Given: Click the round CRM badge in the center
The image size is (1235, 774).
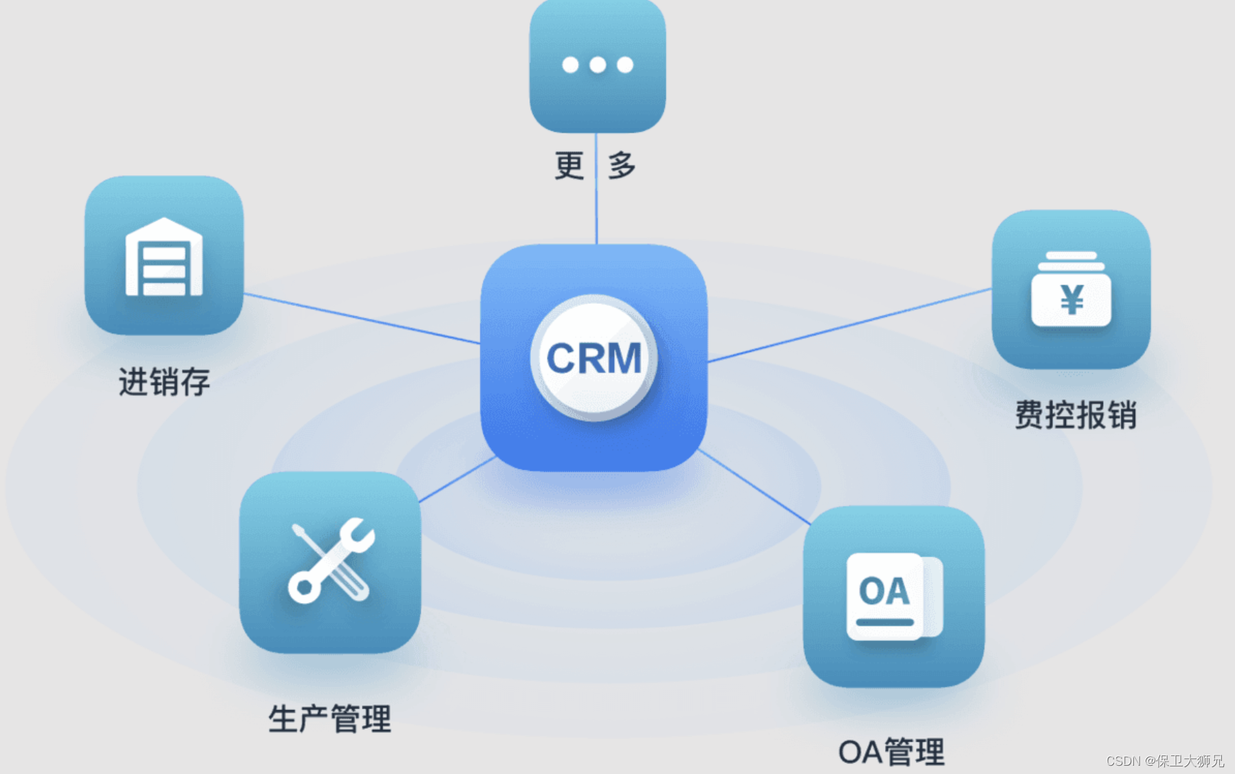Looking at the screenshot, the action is (x=594, y=358).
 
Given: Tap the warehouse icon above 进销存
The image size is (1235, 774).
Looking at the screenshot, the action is (x=164, y=258).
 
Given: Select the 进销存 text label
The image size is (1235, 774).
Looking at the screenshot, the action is (x=164, y=382).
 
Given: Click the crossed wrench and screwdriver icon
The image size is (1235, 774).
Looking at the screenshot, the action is (x=331, y=560).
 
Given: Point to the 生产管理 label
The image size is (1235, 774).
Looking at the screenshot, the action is (x=329, y=719).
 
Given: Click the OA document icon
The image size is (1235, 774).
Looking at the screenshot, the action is (x=893, y=595).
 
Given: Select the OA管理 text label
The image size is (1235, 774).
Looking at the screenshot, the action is (x=891, y=752).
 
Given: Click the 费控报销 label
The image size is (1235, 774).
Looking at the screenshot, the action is (x=1075, y=415).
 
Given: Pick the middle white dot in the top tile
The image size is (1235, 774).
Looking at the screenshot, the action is (x=598, y=65).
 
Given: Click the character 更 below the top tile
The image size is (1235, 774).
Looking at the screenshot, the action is (x=569, y=166).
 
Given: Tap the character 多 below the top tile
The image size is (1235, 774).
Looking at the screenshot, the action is (x=622, y=166).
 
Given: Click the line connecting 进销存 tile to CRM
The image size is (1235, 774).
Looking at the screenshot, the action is (x=361, y=318).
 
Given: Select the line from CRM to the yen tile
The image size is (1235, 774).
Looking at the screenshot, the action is (x=849, y=325).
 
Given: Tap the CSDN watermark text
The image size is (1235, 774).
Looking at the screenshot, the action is (x=1164, y=761).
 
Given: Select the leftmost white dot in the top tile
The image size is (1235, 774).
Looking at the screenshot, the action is (x=570, y=65).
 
